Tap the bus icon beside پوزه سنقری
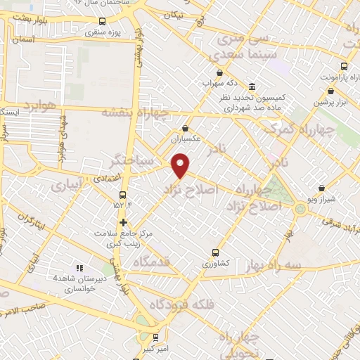(103, 21)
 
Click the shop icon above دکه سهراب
(220, 72)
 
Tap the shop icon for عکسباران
(185, 128)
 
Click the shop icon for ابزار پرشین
(330, 91)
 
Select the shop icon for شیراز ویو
(321, 188)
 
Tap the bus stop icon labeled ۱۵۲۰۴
(123, 194)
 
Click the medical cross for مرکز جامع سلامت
(123, 222)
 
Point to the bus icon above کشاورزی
(216, 252)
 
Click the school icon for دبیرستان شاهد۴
(79, 268)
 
